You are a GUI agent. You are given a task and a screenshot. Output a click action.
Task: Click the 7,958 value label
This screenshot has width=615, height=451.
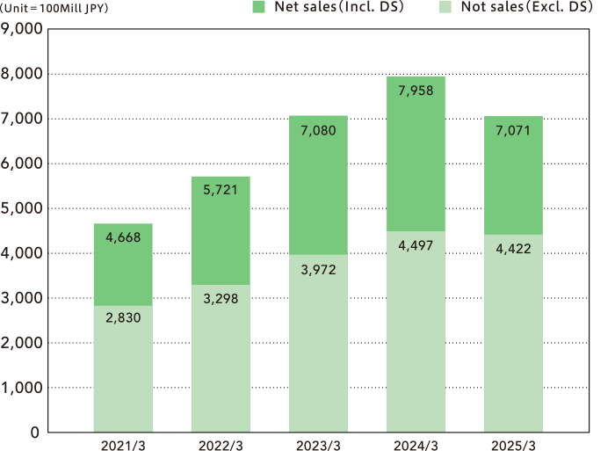[x=415, y=91]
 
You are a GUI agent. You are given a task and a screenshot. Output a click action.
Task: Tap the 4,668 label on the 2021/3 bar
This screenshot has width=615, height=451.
[x=122, y=237]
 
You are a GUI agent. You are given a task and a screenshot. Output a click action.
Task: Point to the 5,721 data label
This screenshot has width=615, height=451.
[x=220, y=191]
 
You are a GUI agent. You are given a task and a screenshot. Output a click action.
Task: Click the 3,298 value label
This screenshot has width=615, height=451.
[x=220, y=300]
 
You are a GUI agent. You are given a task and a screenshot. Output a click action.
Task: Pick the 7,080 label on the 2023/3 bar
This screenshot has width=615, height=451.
[x=317, y=131]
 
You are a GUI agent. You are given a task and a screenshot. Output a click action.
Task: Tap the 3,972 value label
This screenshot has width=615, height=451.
[x=317, y=269]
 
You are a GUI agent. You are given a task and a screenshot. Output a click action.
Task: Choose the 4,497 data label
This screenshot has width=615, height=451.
[x=415, y=246]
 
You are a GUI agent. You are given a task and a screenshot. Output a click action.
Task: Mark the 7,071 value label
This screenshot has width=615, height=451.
[x=512, y=131]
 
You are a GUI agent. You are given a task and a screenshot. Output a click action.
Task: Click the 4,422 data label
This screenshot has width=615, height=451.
[x=512, y=249]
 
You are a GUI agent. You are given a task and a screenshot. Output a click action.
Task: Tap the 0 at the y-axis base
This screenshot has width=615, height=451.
[x=35, y=433]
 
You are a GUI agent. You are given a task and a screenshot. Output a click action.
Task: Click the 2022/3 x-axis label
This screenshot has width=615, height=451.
[x=220, y=445]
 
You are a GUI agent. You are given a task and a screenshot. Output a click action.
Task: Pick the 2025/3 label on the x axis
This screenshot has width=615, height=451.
[x=512, y=445]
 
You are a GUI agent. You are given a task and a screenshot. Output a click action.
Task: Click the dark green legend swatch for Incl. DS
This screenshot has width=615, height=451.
[x=258, y=7]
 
